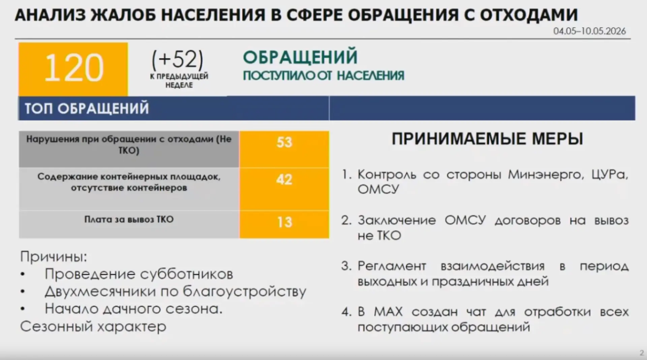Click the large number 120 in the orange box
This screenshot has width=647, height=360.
(73, 68)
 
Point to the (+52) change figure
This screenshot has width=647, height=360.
(178, 59)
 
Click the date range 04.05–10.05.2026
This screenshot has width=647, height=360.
(589, 31)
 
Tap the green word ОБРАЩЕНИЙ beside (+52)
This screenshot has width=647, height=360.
(300, 57)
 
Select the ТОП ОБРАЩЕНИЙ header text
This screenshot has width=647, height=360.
(87, 108)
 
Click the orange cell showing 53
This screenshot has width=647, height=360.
(284, 149)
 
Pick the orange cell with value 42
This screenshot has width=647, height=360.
(284, 189)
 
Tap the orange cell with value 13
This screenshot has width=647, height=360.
(284, 225)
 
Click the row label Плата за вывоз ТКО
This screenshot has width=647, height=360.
(129, 220)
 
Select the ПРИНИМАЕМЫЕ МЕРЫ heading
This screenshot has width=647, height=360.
(487, 139)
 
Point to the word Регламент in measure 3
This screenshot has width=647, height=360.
(392, 266)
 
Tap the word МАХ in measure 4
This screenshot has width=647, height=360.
(388, 312)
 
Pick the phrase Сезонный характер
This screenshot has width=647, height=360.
(93, 326)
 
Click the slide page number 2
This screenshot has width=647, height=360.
(642, 353)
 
